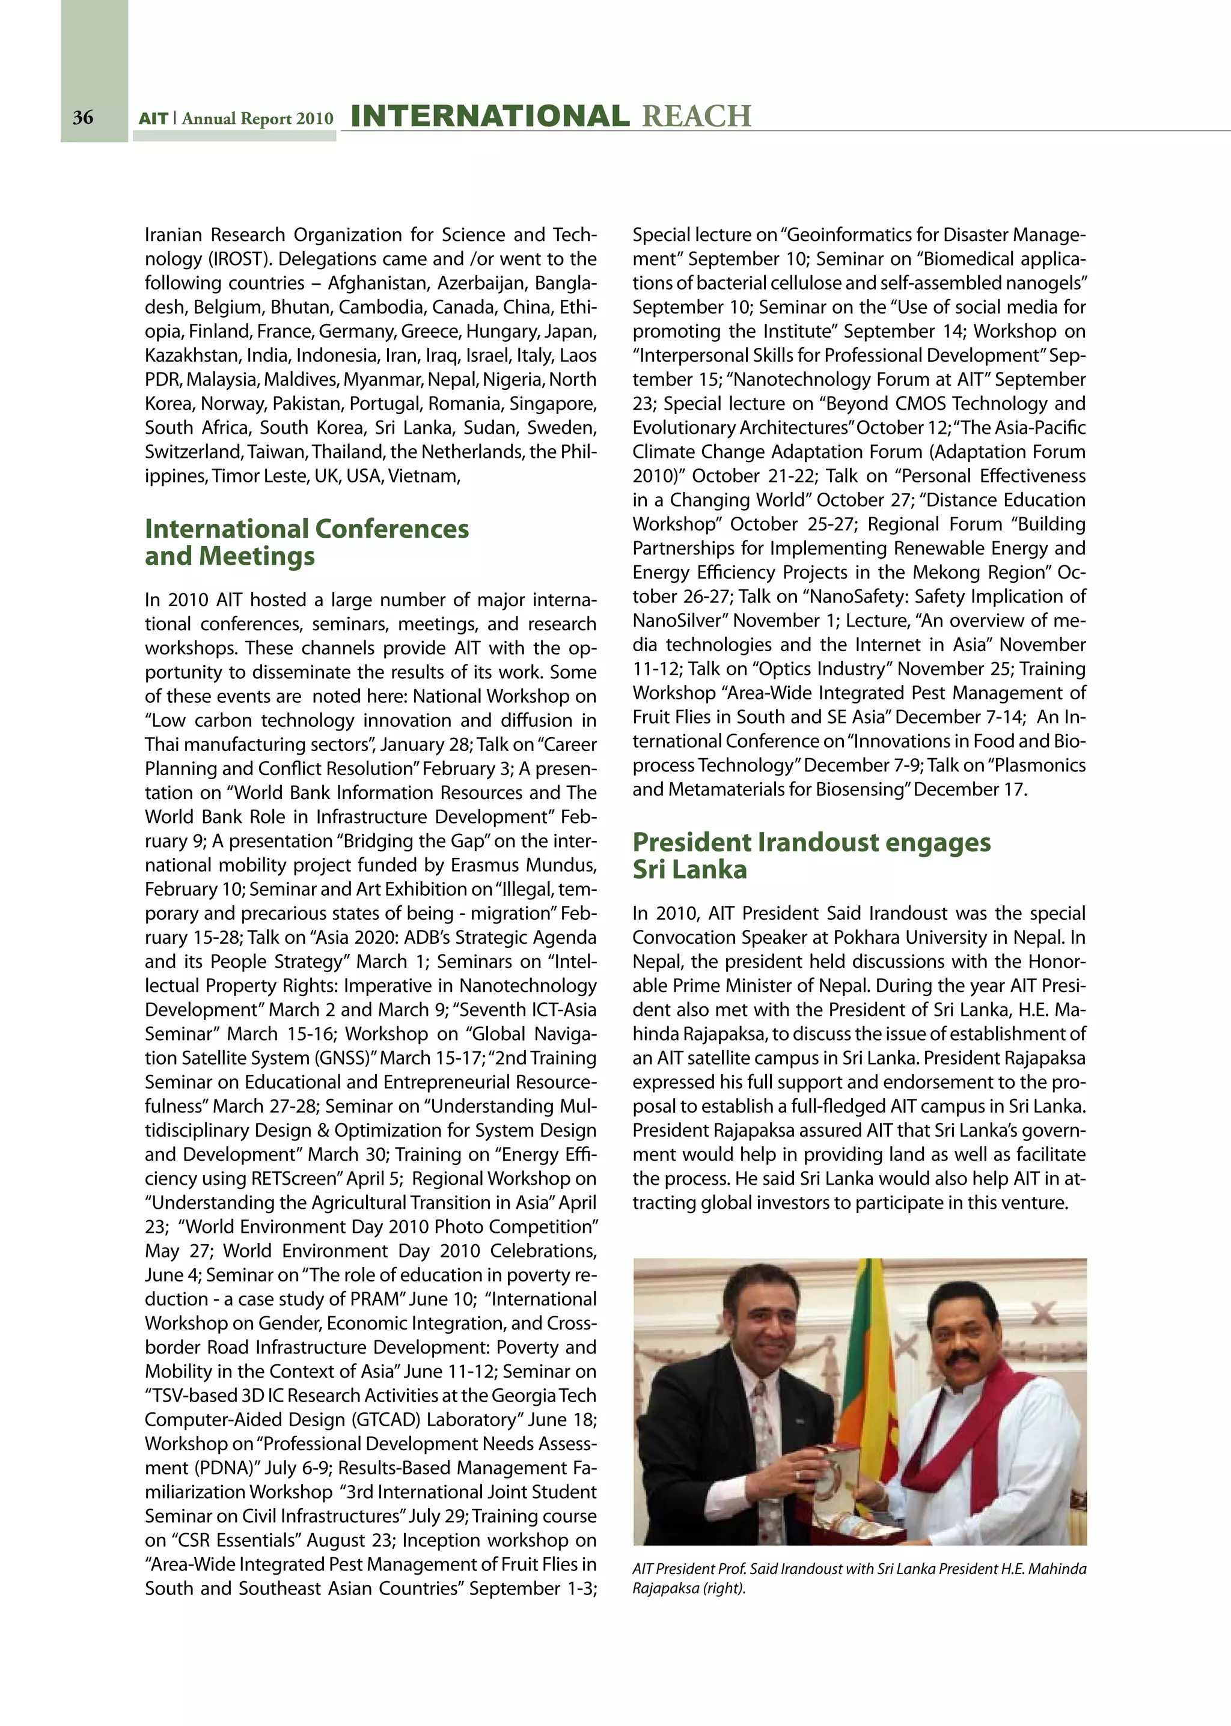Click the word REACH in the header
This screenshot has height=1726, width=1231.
tap(696, 116)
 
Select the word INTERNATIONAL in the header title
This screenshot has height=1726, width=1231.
tap(490, 116)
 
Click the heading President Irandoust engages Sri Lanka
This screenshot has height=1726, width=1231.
tap(811, 855)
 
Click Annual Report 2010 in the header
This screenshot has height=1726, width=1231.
tap(257, 118)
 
